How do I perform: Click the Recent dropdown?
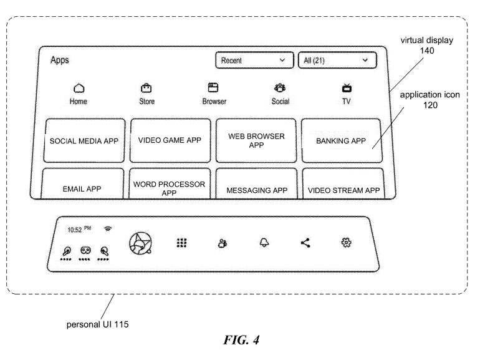(x=254, y=61)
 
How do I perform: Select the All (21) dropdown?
(x=337, y=61)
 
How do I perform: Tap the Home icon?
(x=79, y=89)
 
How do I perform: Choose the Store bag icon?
(x=146, y=89)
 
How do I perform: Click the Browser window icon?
(x=214, y=89)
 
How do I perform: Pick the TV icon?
(x=347, y=89)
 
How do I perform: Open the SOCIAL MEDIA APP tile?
(x=84, y=141)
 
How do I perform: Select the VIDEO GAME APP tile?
(x=170, y=140)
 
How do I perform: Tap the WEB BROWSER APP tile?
(x=256, y=141)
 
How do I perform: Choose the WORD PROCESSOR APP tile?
(x=170, y=187)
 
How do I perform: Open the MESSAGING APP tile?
(x=256, y=188)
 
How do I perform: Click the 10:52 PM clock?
(x=79, y=230)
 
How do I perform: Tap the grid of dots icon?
(x=181, y=243)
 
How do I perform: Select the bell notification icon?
(x=264, y=243)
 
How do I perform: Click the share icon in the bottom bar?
(x=305, y=243)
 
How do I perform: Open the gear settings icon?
(x=346, y=243)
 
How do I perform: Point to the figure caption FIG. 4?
(x=240, y=341)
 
